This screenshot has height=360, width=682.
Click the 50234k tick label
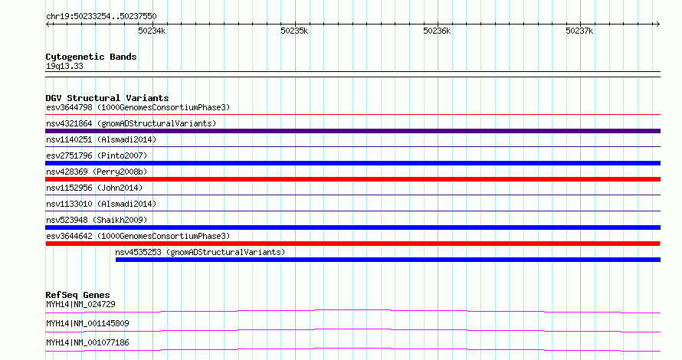pos(152,31)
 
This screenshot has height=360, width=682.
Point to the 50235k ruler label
pos(294,31)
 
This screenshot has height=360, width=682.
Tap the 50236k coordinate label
pos(437,31)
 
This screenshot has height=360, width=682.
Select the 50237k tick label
pos(579,31)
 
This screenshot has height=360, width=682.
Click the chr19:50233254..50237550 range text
pos(101,17)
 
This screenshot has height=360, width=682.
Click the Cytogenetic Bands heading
pos(91,57)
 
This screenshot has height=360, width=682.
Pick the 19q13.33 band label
pos(64,66)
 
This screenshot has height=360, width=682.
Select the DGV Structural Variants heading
pos(107,98)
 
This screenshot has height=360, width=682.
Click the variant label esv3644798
pos(69,107)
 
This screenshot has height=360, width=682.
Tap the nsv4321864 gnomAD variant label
pos(131,123)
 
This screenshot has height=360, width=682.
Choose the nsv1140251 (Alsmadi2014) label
pos(101,139)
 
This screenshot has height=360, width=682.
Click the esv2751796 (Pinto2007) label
pos(97,155)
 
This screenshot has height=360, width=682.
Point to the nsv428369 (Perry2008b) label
pos(97,172)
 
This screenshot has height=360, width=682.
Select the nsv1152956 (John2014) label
pos(94,188)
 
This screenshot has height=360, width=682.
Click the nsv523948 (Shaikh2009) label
pos(97,220)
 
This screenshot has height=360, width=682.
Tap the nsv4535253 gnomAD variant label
pos(200,252)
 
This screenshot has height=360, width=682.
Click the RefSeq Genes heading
pos(77,295)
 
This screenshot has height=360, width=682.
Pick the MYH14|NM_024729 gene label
pos(81,304)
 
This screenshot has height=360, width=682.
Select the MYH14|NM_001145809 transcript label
pos(87,323)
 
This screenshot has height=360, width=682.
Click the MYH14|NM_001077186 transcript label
pos(87,342)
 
